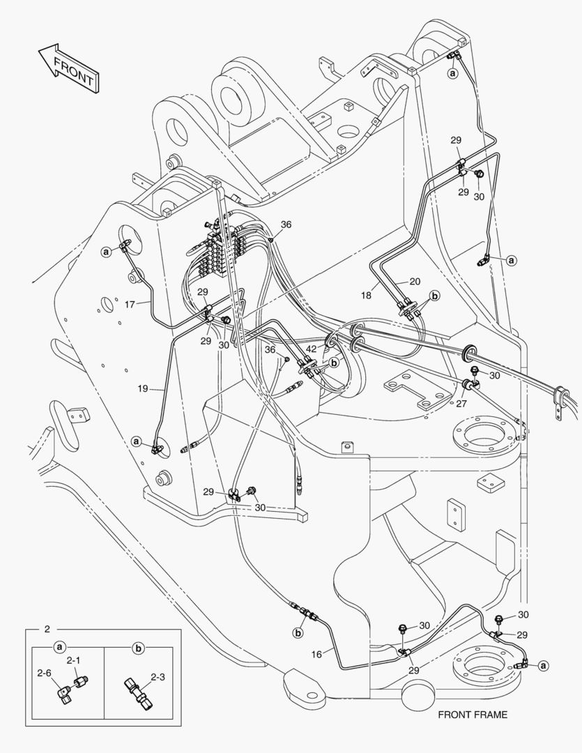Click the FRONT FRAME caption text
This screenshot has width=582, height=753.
tap(473, 715)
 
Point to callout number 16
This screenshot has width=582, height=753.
tap(317, 653)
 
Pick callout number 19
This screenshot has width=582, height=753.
tap(142, 388)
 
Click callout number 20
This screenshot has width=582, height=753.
tap(415, 281)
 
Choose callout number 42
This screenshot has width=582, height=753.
tap(311, 348)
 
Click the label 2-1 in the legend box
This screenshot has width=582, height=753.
tap(73, 660)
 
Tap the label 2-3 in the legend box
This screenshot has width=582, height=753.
tap(158, 677)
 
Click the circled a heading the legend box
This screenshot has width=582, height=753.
tap(60, 648)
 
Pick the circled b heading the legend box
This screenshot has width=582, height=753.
tap(138, 648)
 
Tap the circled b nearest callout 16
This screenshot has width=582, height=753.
tap(298, 633)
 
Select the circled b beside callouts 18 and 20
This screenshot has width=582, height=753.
tap(434, 296)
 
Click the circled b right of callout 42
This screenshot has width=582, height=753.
tap(335, 363)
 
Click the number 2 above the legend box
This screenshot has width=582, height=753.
tap(47, 630)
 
